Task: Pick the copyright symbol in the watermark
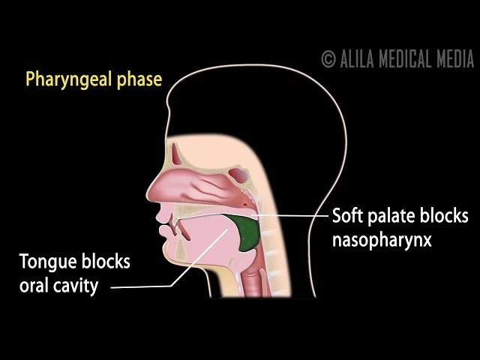(328, 58)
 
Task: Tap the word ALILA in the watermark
(357, 58)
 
